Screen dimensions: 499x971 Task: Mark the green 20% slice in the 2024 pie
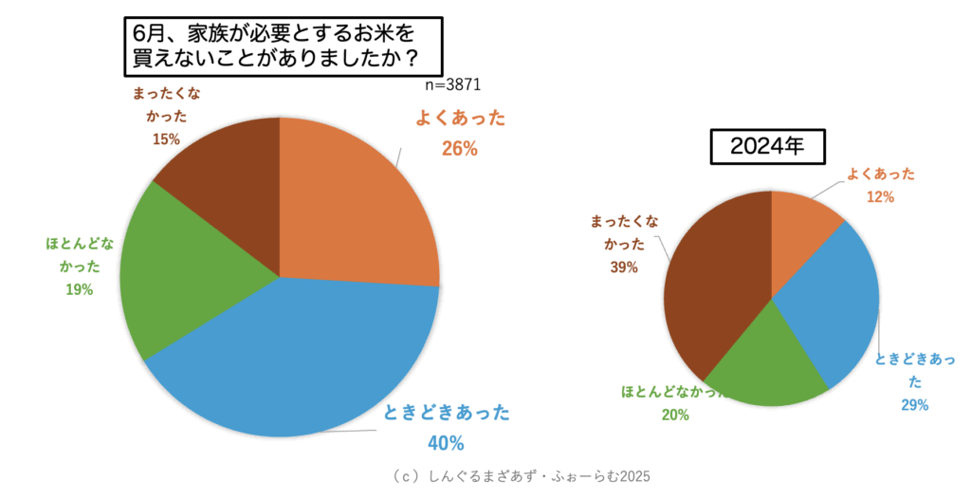coord(768,365)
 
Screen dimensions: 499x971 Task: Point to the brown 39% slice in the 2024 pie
coord(711,285)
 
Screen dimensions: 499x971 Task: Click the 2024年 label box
coord(767,147)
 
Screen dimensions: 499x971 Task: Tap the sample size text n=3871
coord(453,84)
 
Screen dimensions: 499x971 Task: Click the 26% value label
coord(460,148)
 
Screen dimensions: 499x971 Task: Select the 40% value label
coord(446,443)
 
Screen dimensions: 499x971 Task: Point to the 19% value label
coord(80,289)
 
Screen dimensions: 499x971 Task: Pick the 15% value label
coord(167,139)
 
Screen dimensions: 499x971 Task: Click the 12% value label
coord(880,196)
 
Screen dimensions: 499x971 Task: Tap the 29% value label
coord(913,405)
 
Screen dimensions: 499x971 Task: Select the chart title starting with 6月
coord(275,46)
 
